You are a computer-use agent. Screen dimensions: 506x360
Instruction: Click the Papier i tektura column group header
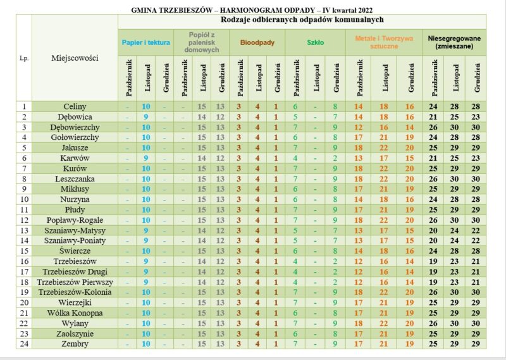pos(146,42)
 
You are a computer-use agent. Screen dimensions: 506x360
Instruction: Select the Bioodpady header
pos(257,42)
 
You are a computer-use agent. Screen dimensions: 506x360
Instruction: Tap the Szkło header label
pos(315,42)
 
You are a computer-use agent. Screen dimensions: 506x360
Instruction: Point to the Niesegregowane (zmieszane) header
pos(454,42)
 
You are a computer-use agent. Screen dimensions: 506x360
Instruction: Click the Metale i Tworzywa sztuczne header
pos(384,42)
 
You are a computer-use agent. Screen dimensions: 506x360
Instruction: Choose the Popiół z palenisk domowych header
pos(202,42)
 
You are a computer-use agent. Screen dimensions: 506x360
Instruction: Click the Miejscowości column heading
pos(75,58)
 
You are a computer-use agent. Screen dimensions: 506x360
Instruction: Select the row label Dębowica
pos(75,117)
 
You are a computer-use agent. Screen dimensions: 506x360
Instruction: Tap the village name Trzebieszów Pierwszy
pos(75,282)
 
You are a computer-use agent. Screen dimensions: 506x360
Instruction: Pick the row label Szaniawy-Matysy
pos(75,230)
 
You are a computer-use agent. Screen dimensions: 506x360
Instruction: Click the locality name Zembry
pos(75,344)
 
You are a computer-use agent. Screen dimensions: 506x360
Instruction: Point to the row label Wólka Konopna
pos(75,313)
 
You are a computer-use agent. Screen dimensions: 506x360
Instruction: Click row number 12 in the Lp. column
pos(24,220)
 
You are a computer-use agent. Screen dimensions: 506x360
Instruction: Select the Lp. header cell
pos(24,58)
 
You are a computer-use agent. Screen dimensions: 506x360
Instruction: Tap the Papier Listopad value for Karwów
pos(146,158)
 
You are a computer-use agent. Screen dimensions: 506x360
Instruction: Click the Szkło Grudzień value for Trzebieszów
pos(335,261)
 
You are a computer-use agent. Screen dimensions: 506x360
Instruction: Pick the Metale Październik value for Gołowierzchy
pos(358,137)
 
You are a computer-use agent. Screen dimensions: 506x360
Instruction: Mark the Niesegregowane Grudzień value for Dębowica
pos(476,117)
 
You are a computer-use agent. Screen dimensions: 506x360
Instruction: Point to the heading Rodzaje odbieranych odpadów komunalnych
pos(302,20)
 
